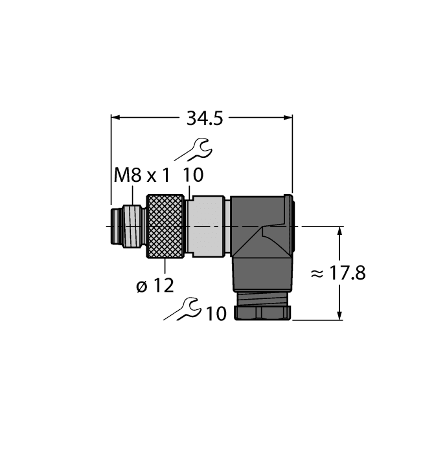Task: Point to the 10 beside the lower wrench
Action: [x=216, y=314]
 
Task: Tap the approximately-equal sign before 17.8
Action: [x=317, y=274]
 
